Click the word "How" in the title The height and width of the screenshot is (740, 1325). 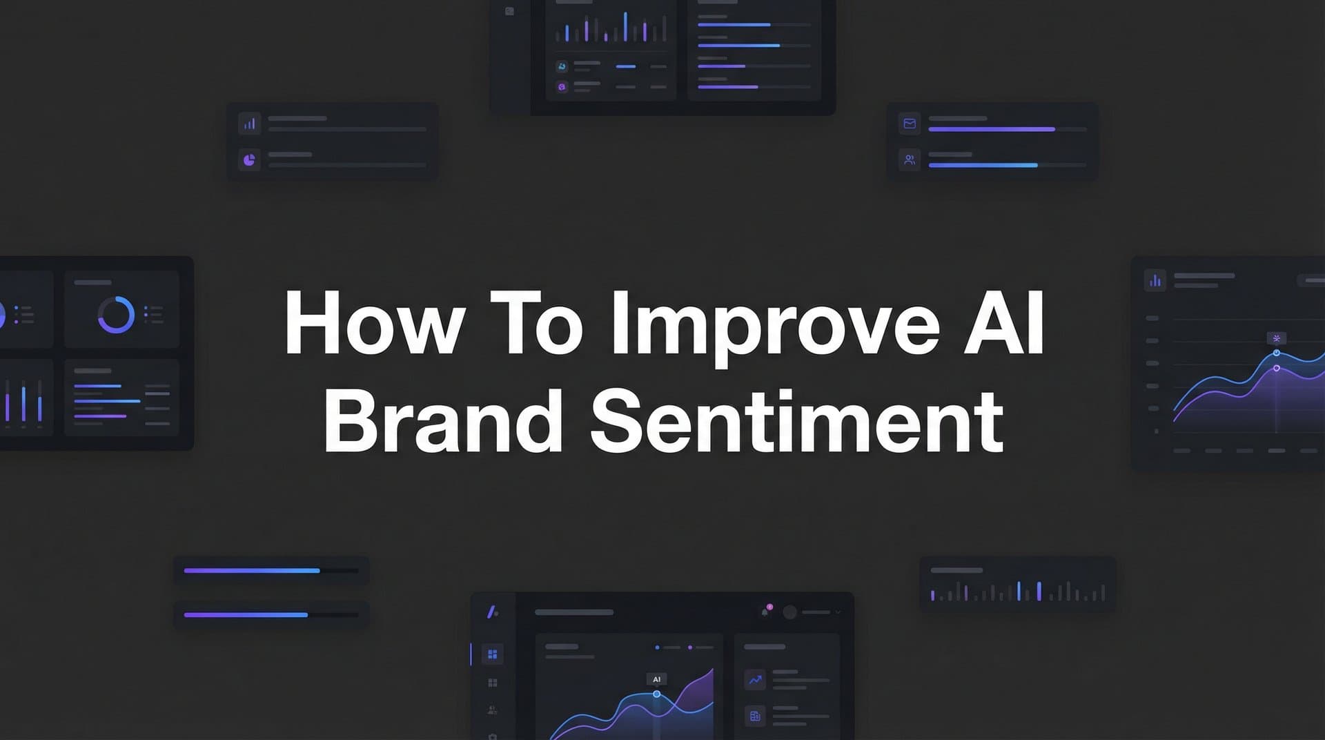click(373, 323)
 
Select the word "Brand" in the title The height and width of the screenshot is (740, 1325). click(442, 421)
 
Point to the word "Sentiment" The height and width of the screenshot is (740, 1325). click(796, 421)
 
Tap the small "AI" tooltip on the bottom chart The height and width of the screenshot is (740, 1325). click(656, 679)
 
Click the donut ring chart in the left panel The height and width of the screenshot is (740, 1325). click(116, 315)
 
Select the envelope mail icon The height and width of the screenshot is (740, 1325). click(910, 124)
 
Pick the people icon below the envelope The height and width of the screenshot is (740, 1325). click(910, 160)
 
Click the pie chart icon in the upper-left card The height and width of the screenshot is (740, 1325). click(249, 160)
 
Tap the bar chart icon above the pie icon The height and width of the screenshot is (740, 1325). click(249, 124)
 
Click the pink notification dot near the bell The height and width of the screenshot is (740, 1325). click(769, 607)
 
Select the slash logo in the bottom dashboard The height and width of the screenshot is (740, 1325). click(492, 612)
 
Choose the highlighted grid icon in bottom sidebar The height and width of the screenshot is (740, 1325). click(492, 654)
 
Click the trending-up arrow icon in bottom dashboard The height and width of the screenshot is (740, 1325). click(755, 680)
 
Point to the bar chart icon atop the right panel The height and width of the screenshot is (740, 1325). click(1155, 280)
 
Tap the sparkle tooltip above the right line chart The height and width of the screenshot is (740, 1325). click(1276, 338)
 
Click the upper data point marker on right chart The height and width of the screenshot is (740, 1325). click(1276, 353)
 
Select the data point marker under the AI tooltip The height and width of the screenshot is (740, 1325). click(656, 694)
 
